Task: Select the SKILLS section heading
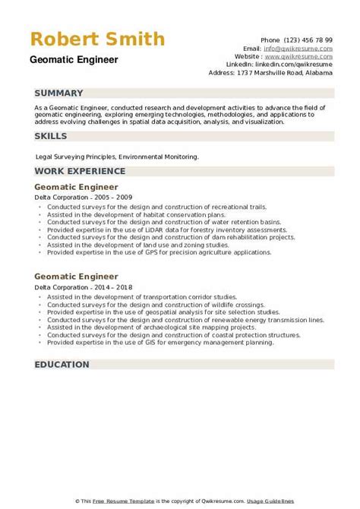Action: [x=51, y=136]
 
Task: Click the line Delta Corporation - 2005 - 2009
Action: [x=77, y=197]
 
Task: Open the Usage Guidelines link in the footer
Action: [x=317, y=501]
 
